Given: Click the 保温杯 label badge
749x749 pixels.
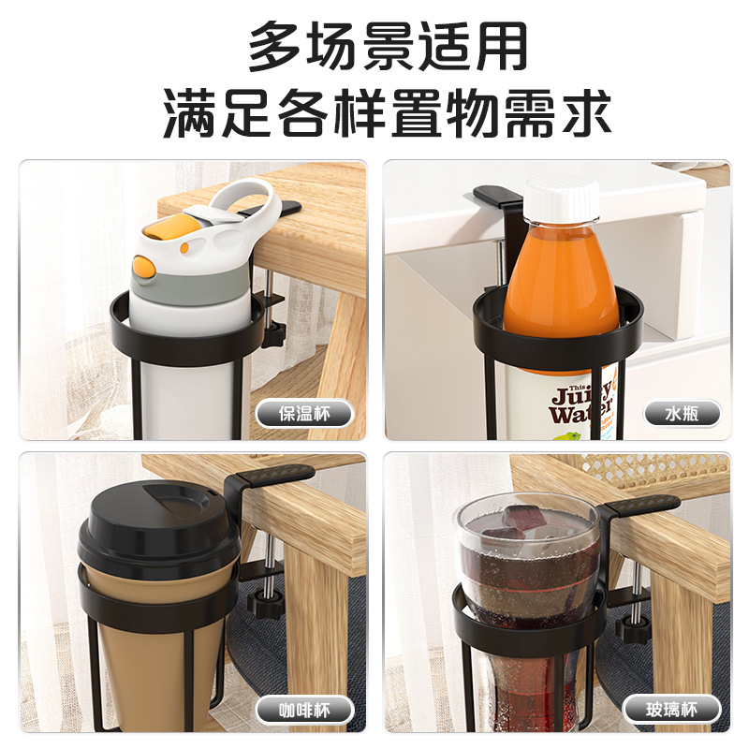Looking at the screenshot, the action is [x=305, y=414].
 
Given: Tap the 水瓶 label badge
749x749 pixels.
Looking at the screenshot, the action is [x=682, y=413].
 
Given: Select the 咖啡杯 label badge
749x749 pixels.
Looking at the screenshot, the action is [x=305, y=711].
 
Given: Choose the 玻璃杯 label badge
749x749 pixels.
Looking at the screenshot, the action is [x=671, y=710].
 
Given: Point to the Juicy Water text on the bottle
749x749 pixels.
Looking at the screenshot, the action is [x=580, y=404].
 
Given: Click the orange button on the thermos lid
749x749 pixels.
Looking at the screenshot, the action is [x=144, y=268].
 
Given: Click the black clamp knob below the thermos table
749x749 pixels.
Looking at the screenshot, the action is [x=274, y=329].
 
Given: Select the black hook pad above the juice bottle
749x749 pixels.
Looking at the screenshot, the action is [x=497, y=195].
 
